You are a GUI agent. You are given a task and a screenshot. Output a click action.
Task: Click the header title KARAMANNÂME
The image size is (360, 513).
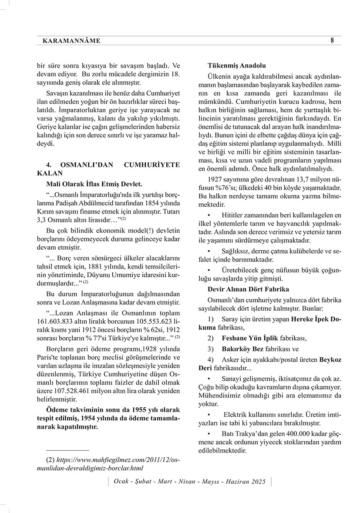pos(72,41)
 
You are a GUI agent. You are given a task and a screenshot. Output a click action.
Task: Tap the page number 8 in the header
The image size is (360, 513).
pos(332,40)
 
